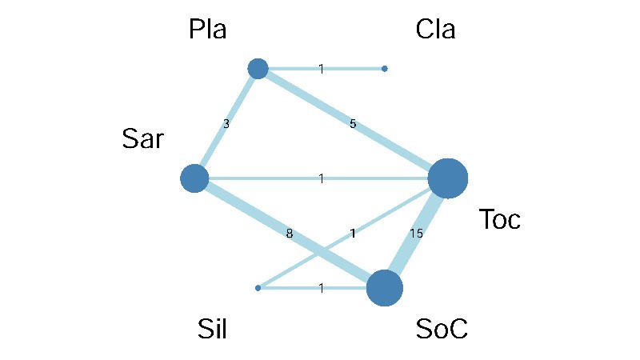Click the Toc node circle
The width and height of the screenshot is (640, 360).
pyautogui.click(x=447, y=178)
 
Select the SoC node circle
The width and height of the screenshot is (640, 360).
pyautogui.click(x=385, y=288)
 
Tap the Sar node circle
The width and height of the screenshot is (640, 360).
pyautogui.click(x=194, y=178)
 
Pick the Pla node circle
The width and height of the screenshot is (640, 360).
pyautogui.click(x=258, y=69)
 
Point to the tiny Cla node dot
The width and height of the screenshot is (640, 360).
pyautogui.click(x=385, y=69)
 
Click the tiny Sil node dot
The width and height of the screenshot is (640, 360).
pyautogui.click(x=258, y=288)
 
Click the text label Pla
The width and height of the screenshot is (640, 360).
pyautogui.click(x=208, y=30)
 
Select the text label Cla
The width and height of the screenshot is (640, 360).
pyautogui.click(x=435, y=30)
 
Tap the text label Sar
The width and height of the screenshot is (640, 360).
pyautogui.click(x=143, y=139)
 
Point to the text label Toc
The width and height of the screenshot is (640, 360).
pyautogui.click(x=499, y=219)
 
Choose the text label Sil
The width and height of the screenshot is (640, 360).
pyautogui.click(x=212, y=328)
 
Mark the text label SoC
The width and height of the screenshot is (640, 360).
pyautogui.click(x=441, y=328)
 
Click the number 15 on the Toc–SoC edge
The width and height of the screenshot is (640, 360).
pyautogui.click(x=416, y=234)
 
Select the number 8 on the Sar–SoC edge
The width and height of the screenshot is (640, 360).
pyautogui.click(x=290, y=234)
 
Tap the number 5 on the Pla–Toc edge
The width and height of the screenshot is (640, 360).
pyautogui.click(x=353, y=124)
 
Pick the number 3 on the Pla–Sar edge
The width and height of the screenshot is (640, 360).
pyautogui.click(x=226, y=124)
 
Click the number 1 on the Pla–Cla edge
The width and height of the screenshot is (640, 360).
pyautogui.click(x=321, y=69)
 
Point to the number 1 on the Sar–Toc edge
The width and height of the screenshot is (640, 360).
pyautogui.click(x=321, y=178)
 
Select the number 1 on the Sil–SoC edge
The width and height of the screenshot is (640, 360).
pyautogui.click(x=321, y=288)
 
